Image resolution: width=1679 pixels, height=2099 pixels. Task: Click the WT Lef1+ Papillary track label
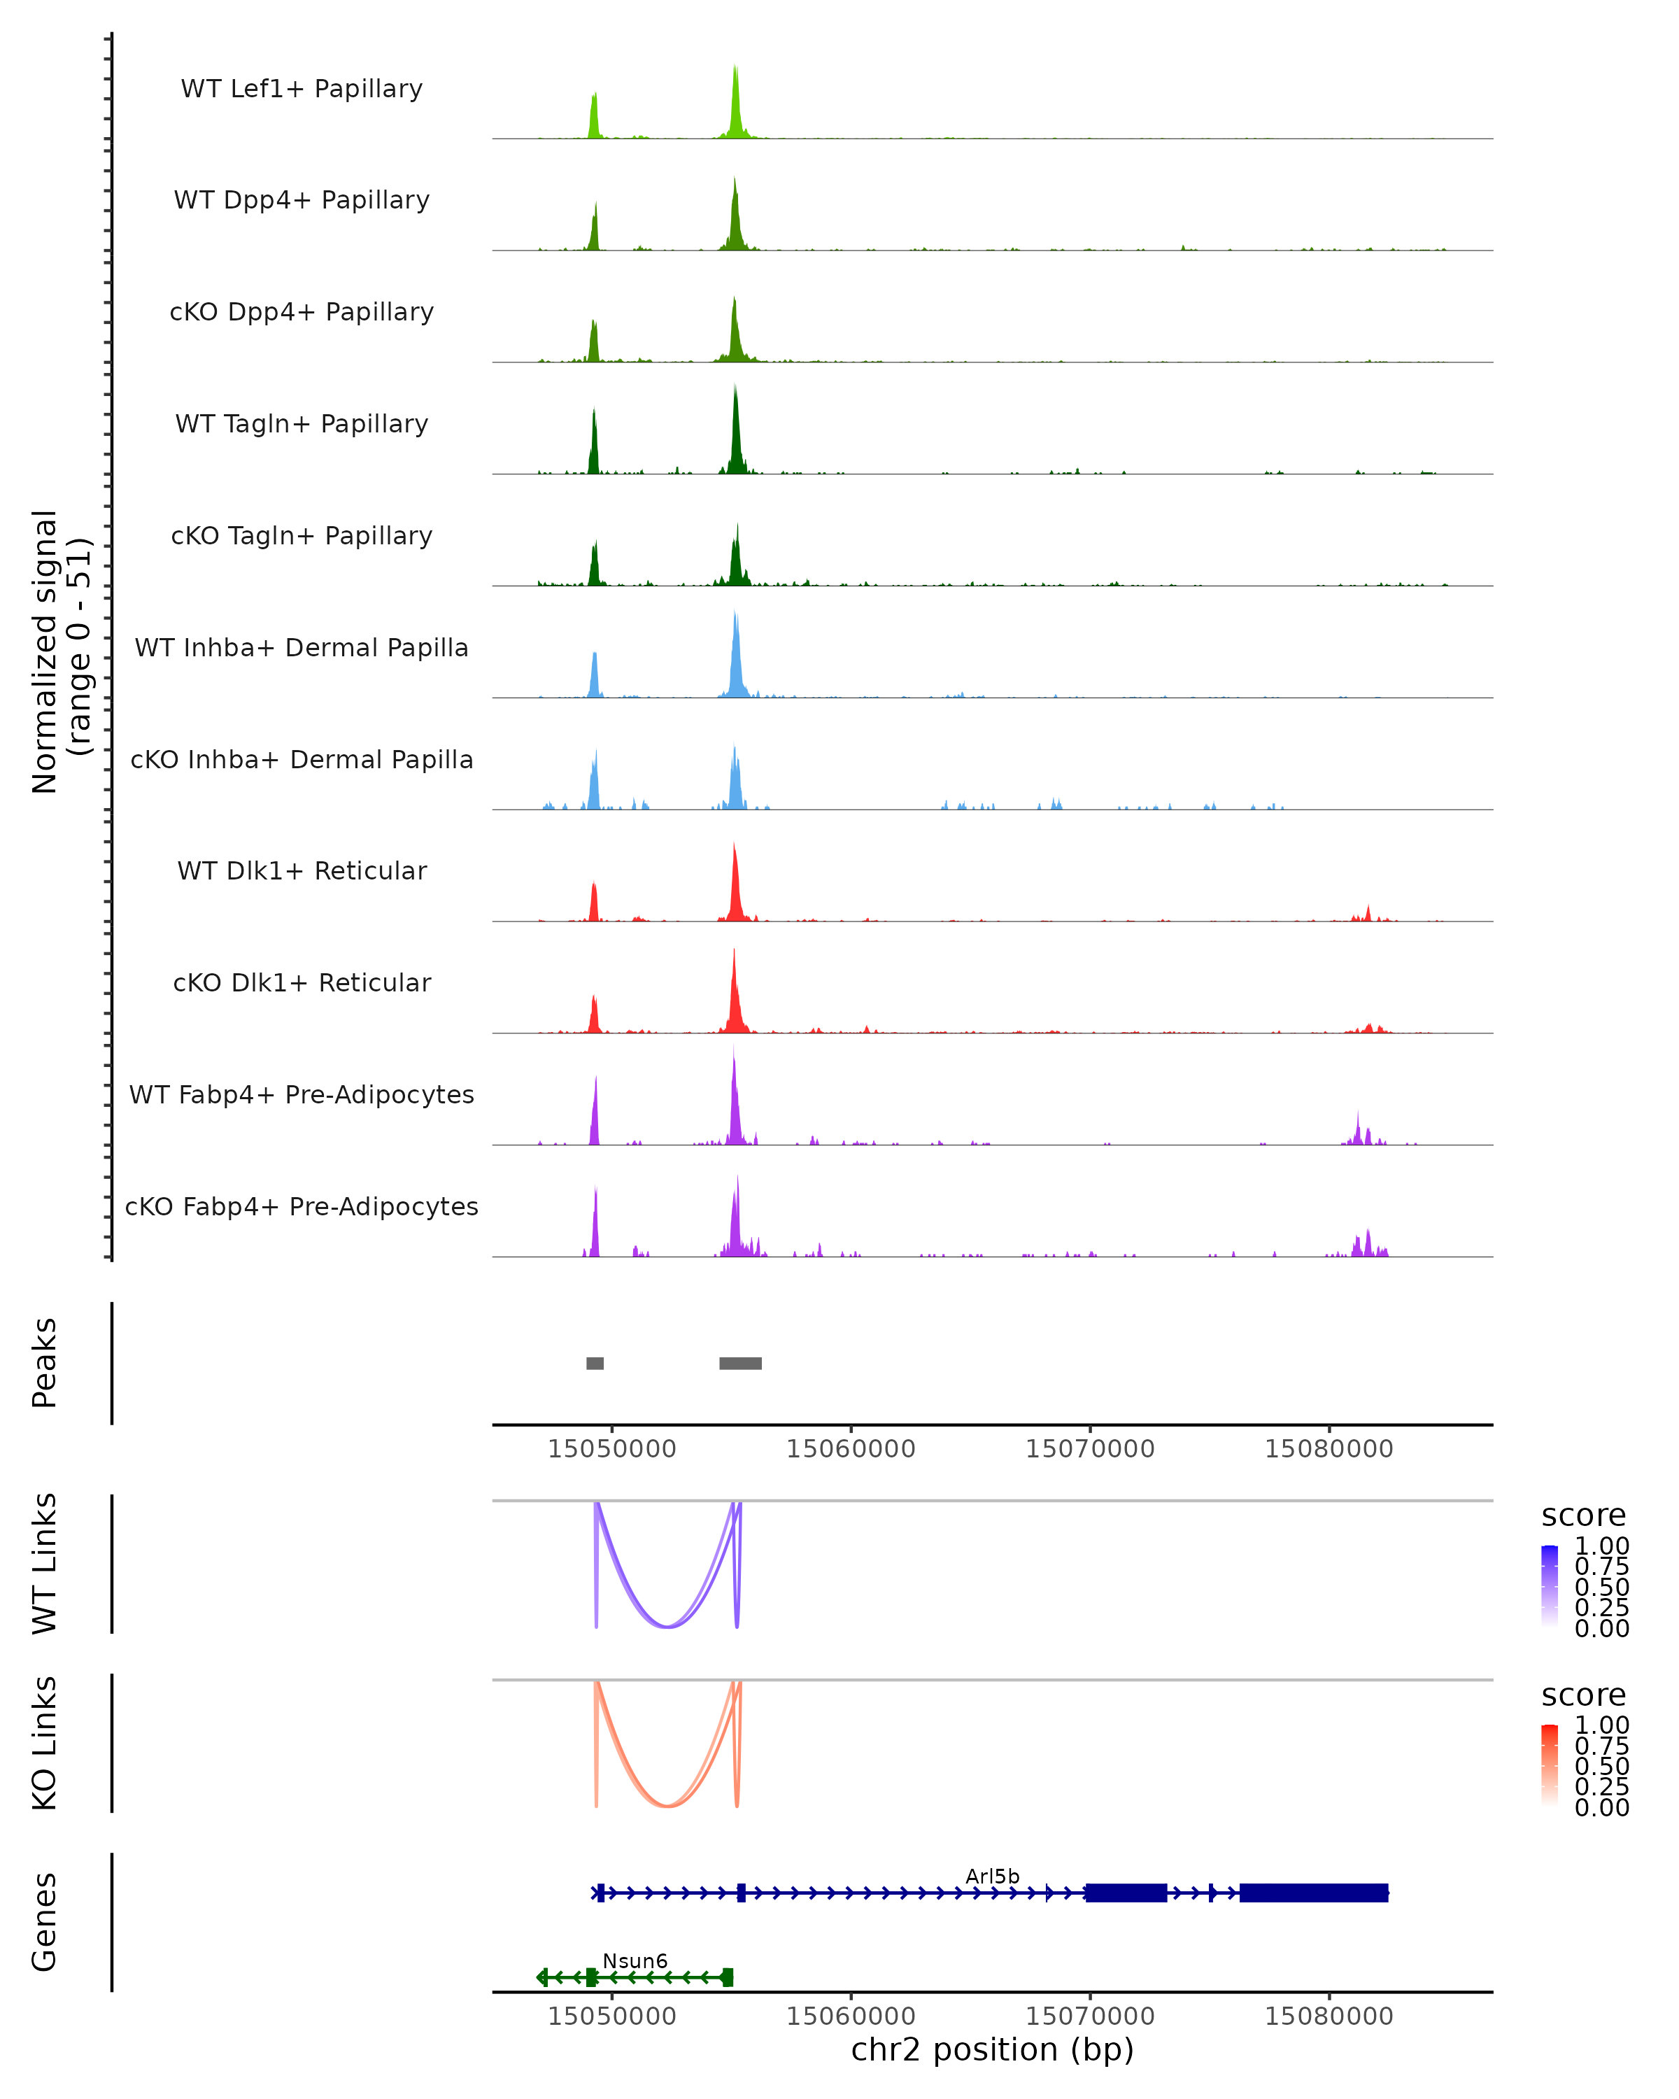coord(302,89)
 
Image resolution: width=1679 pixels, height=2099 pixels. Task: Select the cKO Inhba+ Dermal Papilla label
coord(302,759)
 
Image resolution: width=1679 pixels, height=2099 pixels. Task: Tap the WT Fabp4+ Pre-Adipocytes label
coord(302,1094)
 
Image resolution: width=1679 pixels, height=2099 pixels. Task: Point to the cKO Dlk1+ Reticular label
coord(302,982)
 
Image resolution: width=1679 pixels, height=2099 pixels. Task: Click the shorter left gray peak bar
coord(595,1363)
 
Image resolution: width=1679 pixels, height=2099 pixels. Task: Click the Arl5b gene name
coord(992,1876)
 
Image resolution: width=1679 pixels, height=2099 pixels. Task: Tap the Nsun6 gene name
coord(635,1960)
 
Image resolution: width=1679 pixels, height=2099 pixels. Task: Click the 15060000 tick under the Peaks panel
coord(851,1449)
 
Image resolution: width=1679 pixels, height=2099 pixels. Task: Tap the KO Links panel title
coord(45,1743)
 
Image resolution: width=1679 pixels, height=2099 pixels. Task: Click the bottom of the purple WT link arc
coord(667,1626)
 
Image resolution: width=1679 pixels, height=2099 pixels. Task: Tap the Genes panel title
coord(45,1922)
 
